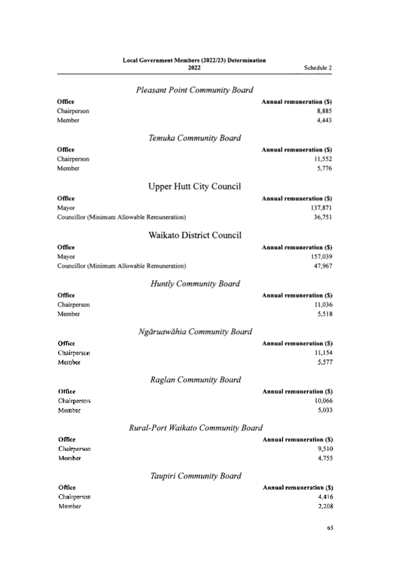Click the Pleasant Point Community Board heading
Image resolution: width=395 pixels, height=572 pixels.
(195, 90)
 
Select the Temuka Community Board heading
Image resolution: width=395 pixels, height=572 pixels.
(195, 138)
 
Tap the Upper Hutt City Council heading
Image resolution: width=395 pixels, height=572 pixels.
(195, 187)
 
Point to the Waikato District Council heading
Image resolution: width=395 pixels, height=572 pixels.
(195, 235)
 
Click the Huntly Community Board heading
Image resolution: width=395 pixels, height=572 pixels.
(195, 284)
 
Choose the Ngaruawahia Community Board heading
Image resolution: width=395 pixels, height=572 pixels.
(195, 332)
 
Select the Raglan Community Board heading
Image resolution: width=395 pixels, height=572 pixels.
(195, 380)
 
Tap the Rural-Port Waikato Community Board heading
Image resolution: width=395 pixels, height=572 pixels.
(195, 428)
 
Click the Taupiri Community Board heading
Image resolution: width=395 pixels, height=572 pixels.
(195, 476)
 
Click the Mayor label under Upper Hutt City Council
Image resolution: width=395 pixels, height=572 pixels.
(66, 208)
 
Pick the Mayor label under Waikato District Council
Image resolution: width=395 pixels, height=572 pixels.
(66, 256)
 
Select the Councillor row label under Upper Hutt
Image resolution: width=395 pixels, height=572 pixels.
(121, 217)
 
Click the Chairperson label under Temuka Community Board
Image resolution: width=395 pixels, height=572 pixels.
(73, 159)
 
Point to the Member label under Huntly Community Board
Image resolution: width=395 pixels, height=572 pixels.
(69, 314)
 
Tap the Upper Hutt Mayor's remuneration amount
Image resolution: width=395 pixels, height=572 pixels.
(322, 208)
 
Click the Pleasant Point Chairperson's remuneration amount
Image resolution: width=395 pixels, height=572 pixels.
(325, 111)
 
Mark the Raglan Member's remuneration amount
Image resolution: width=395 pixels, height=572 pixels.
(325, 410)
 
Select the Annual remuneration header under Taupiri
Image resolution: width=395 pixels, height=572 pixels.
(298, 488)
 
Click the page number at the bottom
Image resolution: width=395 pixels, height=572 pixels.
(330, 527)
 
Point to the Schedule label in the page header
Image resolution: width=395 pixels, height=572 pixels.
(318, 67)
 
